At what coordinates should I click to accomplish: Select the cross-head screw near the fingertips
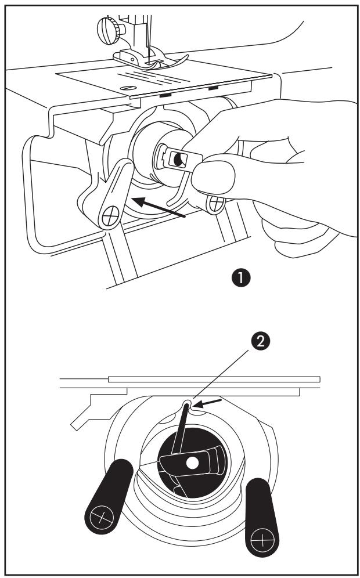coord(217,203)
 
